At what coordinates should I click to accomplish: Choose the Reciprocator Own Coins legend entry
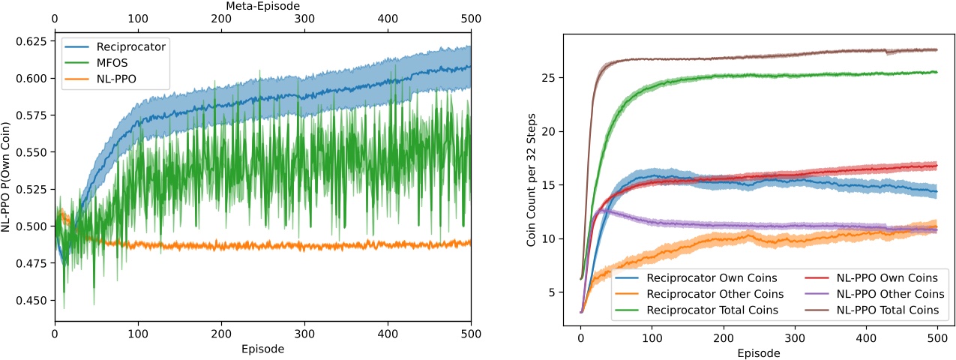click(x=706, y=277)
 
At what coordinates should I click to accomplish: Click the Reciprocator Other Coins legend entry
click(x=709, y=293)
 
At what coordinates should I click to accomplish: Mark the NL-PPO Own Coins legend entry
click(x=886, y=277)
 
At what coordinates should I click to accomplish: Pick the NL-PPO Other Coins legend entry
click(x=890, y=293)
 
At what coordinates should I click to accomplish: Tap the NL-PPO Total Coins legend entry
click(x=889, y=309)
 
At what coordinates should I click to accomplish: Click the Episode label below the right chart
click(x=758, y=353)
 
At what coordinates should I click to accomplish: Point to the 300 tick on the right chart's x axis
click(x=795, y=337)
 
